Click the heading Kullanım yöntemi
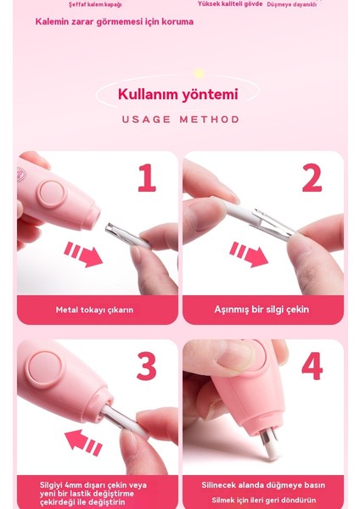point(177,94)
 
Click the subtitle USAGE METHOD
point(180,120)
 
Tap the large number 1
point(147,179)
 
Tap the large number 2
point(312,179)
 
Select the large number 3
point(147,366)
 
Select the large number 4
point(312,366)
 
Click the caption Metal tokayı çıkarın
point(94,310)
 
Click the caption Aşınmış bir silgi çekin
point(262,310)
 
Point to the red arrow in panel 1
point(83,253)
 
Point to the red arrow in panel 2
point(249,253)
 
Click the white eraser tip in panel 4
point(272,443)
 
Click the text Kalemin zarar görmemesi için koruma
point(114,21)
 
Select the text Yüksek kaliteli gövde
point(230,4)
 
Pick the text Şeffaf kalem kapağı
point(95,5)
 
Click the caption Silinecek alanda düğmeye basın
point(263,485)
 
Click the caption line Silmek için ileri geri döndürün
point(263,500)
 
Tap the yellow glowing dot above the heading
point(199,74)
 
